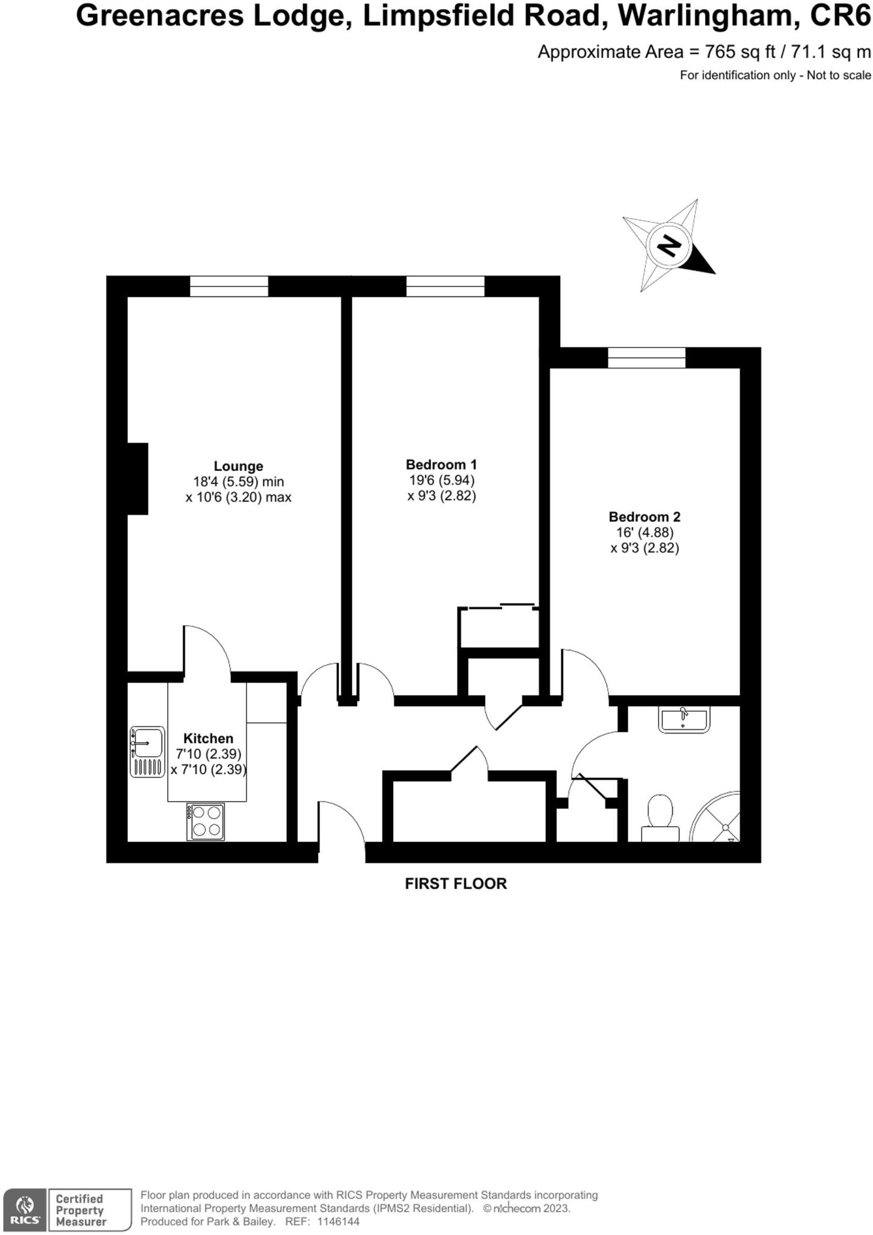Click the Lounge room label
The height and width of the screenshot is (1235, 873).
(238, 466)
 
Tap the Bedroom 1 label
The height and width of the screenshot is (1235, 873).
(441, 464)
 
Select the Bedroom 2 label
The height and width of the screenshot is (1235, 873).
(644, 517)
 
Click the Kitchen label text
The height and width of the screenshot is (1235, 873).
(208, 738)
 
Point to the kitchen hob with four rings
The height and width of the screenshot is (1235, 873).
(206, 821)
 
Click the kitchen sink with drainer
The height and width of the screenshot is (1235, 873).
(147, 751)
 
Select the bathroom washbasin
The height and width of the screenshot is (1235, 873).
(684, 719)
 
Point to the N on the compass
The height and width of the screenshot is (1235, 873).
(668, 245)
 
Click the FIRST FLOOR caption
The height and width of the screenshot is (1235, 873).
(455, 883)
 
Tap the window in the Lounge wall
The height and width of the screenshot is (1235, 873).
(228, 286)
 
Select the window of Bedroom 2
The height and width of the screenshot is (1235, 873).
(646, 358)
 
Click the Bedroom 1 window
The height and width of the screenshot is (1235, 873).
(445, 286)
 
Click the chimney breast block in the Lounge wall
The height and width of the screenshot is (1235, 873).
(137, 479)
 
